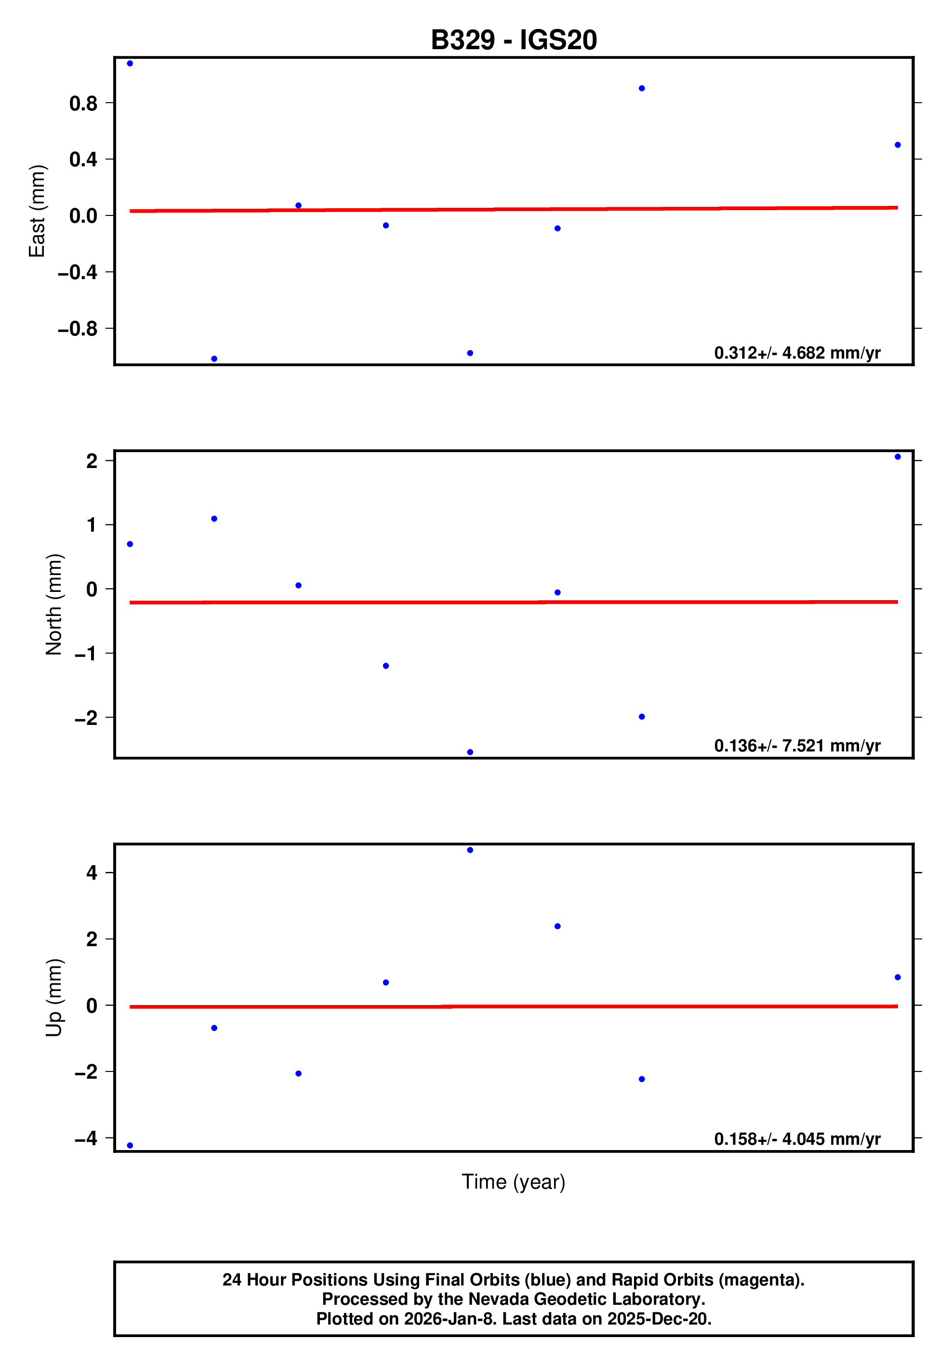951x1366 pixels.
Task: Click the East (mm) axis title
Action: (37, 211)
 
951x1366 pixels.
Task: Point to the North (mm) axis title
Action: (54, 604)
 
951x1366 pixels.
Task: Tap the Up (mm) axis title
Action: (54, 998)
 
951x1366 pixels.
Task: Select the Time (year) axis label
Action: (513, 1181)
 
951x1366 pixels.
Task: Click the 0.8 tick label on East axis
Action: (83, 104)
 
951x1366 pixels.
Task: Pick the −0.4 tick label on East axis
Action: (77, 272)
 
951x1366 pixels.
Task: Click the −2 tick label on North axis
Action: (86, 718)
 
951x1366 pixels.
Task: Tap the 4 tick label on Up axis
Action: (92, 873)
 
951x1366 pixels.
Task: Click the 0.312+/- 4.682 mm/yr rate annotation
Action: (797, 353)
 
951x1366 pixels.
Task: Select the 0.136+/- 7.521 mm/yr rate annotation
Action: (797, 746)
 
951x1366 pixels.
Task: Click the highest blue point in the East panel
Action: (130, 64)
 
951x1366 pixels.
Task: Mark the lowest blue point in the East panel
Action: (214, 359)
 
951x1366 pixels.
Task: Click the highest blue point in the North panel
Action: (898, 457)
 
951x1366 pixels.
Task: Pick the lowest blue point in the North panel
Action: (470, 752)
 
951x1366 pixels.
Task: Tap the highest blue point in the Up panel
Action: (470, 850)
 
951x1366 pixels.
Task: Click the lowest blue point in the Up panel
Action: (130, 1145)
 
